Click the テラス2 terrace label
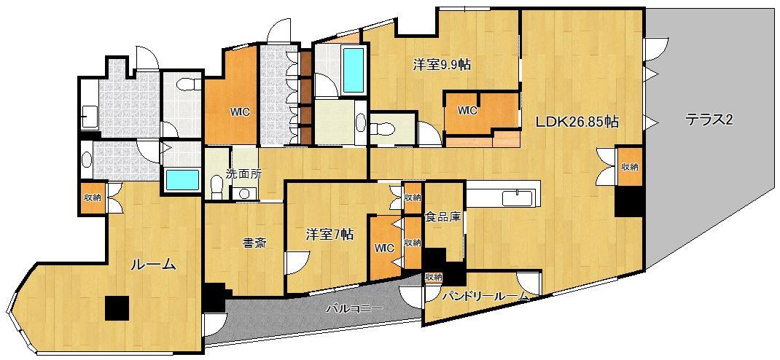pos(708,121)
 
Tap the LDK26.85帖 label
pos(577,122)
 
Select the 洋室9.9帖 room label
pos(442,65)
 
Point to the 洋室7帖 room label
pos(329,235)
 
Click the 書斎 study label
pos(254,243)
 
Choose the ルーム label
pos(153,265)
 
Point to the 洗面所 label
pos(243,174)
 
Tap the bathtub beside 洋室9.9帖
pos(352,70)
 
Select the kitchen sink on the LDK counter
pos(518,197)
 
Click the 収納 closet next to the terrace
pos(630,167)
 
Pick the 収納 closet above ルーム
pos(92,197)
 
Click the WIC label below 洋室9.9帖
pos(467,111)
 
